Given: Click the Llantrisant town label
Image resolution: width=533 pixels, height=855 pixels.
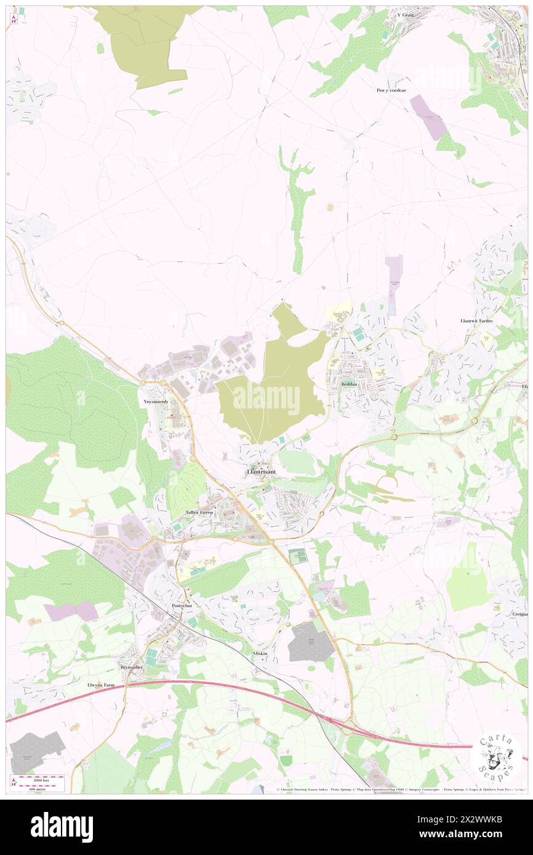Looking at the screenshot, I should tap(261, 472).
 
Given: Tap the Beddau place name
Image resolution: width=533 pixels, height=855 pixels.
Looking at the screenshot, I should tap(350, 384).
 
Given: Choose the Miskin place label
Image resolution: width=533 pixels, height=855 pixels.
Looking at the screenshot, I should tap(261, 653).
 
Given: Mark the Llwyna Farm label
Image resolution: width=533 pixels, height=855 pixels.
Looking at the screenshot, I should tap(102, 684).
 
